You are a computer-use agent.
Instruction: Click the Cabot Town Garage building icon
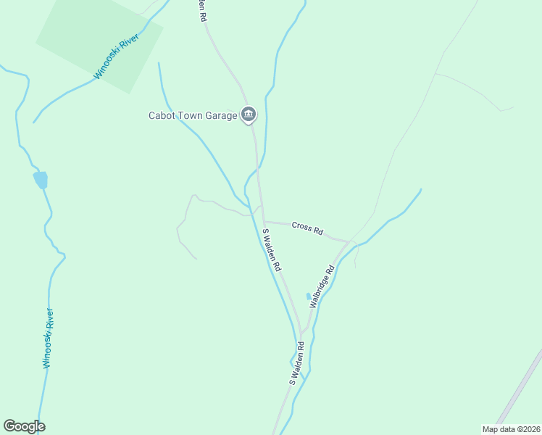click(x=249, y=115)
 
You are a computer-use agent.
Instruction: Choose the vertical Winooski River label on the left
click(x=48, y=338)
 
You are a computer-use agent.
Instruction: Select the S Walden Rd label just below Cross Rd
click(x=272, y=250)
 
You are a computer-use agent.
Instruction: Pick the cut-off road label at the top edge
click(x=202, y=10)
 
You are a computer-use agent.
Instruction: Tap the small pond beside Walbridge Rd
click(x=309, y=297)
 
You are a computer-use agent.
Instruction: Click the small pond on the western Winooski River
click(x=41, y=180)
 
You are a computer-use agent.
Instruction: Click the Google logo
click(x=24, y=426)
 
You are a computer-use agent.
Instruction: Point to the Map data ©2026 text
click(x=511, y=428)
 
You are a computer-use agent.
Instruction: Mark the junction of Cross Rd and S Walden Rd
click(x=264, y=221)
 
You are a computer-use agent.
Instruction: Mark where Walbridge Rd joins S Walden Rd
click(x=301, y=334)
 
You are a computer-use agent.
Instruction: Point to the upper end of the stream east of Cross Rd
click(x=420, y=190)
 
